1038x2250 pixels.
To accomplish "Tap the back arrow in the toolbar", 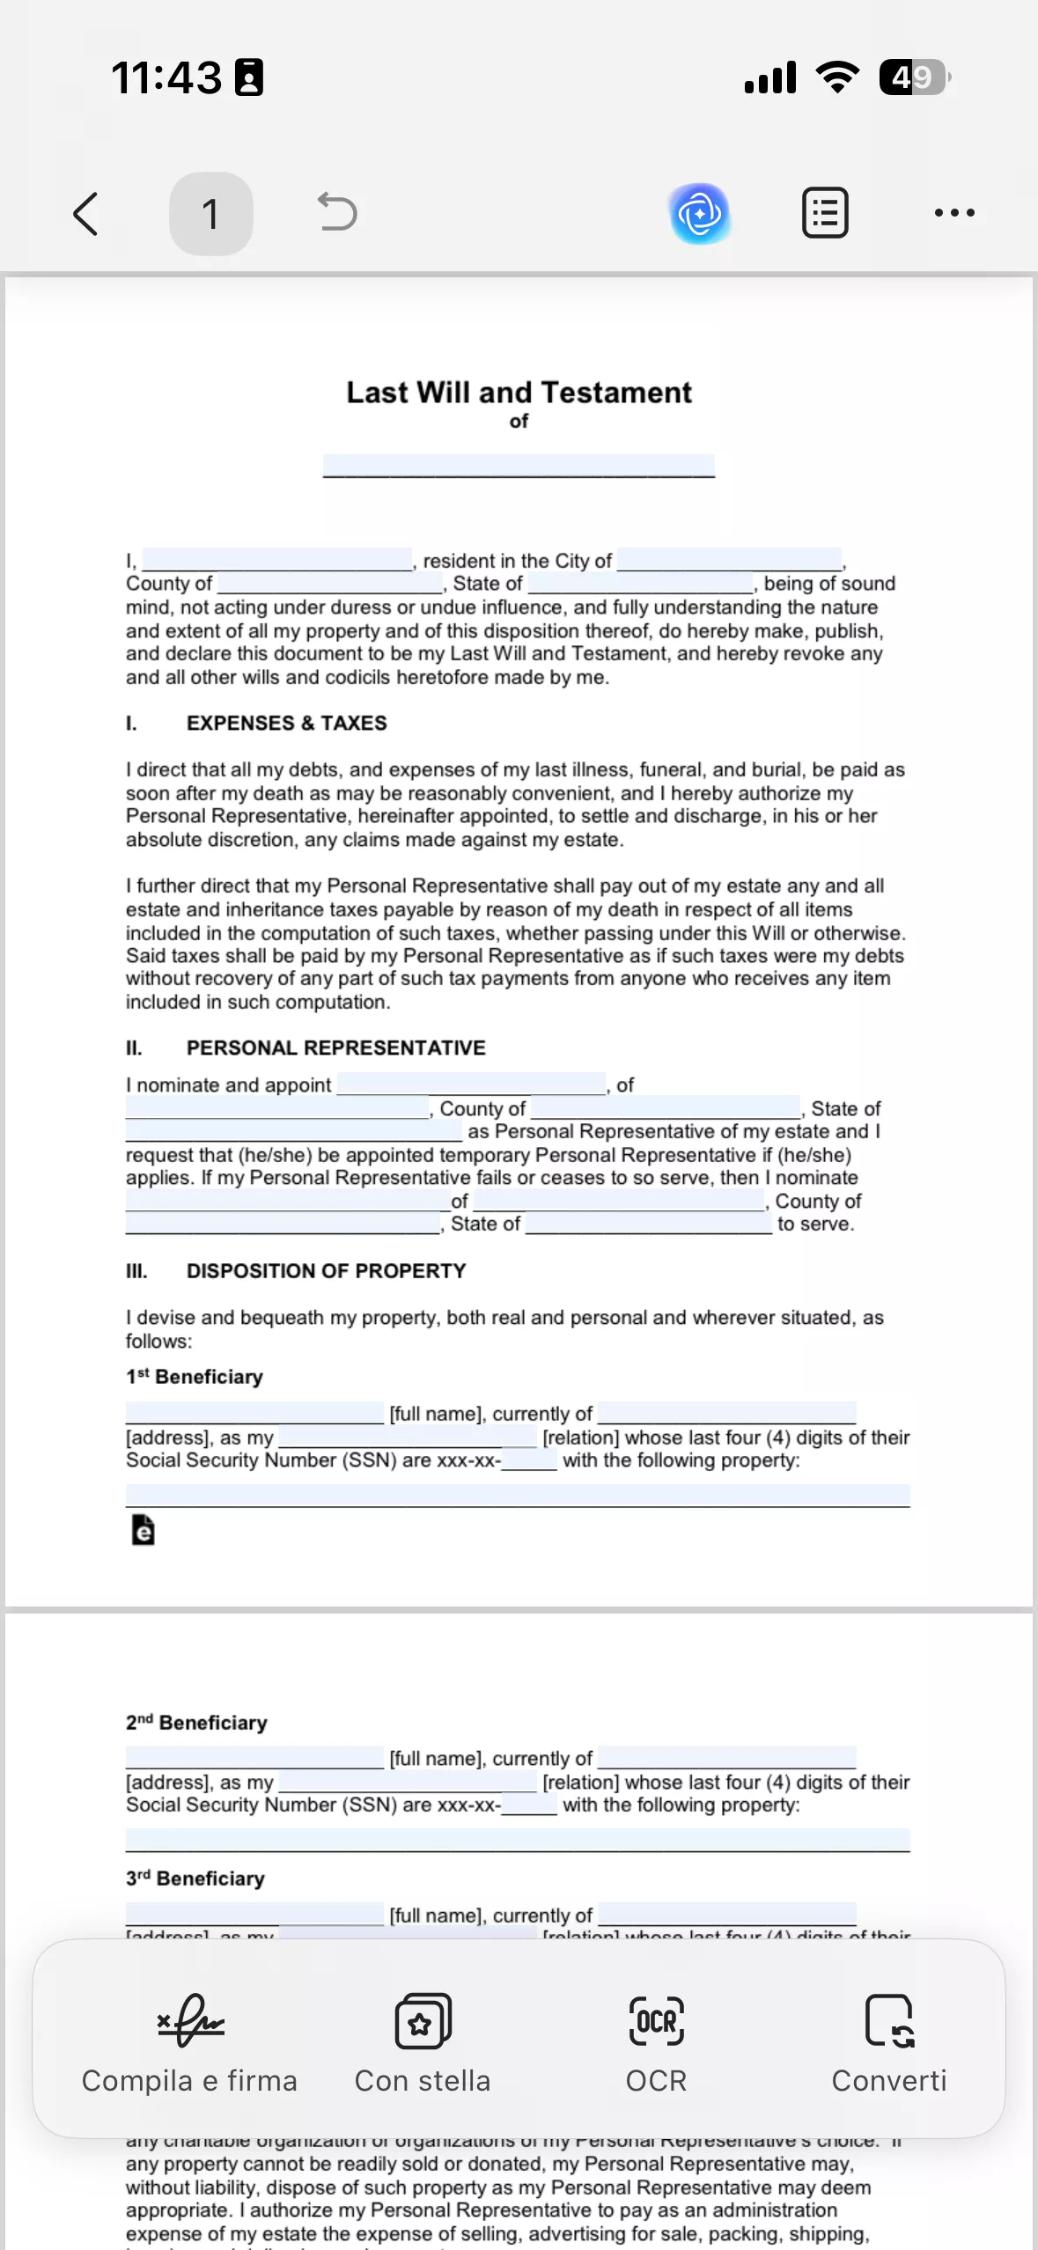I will point(85,214).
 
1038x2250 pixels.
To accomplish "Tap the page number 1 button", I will point(210,214).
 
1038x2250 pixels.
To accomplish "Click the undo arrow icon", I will point(336,212).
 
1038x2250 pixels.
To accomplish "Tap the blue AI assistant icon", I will point(700,213).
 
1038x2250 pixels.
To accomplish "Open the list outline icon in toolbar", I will point(825,213).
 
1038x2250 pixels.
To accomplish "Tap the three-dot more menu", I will point(954,213).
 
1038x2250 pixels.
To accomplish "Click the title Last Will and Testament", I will point(519,393).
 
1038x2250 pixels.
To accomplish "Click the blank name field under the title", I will point(519,466).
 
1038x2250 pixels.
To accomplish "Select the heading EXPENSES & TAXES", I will point(286,723).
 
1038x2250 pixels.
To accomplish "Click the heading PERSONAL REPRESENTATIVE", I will point(335,1048).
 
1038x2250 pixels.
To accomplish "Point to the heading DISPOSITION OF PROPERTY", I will point(326,1270).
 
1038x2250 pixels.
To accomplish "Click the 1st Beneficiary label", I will point(195,1377).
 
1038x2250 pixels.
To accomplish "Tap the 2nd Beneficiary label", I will point(196,1723).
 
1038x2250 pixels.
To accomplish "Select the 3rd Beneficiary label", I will point(195,1879).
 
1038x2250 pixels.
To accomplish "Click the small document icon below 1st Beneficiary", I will point(143,1530).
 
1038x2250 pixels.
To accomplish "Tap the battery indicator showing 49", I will point(914,77).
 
